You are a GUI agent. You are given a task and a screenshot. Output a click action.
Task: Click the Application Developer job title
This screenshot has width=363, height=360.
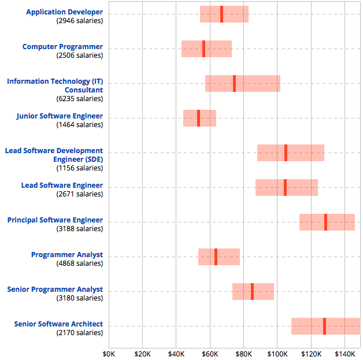coord(65,12)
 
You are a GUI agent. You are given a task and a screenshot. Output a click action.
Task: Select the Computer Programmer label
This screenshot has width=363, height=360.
coord(62,47)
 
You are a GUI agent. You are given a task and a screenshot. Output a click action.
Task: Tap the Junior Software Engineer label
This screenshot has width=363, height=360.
coord(60,116)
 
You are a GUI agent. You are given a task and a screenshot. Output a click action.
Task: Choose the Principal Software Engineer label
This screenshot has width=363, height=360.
coord(55,220)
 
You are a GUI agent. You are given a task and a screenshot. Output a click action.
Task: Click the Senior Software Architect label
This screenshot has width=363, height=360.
coord(58,324)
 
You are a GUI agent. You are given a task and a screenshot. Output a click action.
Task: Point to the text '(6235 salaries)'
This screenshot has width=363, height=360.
coord(80,99)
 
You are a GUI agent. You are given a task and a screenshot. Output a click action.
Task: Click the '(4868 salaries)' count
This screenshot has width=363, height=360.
coord(80,263)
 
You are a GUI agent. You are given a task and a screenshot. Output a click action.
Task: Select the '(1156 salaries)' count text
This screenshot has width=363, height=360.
coord(80,168)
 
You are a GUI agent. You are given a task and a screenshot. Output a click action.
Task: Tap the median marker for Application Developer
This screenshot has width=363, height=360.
coord(221,14)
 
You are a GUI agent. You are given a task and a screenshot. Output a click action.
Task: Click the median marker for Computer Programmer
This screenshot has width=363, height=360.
coord(203,49)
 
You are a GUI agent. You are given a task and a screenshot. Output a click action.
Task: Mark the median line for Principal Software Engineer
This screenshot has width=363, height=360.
coord(325,222)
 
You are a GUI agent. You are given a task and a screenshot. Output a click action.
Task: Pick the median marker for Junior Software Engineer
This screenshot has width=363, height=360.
coord(198,118)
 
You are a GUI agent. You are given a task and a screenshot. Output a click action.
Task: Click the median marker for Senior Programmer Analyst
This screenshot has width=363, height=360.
coord(252,291)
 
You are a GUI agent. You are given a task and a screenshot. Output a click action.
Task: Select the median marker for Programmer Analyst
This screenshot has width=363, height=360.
coord(216,257)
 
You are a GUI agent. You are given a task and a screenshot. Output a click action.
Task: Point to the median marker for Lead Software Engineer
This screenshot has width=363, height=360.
coord(285,187)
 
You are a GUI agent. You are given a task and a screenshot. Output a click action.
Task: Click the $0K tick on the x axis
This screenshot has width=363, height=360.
coord(109,353)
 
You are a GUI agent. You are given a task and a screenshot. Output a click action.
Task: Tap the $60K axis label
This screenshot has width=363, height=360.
coord(210,353)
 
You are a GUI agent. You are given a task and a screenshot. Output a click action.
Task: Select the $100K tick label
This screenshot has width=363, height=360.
coord(277,353)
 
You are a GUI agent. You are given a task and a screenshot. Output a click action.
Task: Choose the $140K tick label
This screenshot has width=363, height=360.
coord(345,353)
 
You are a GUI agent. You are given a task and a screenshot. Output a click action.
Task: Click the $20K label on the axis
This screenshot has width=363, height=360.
coord(142,353)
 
